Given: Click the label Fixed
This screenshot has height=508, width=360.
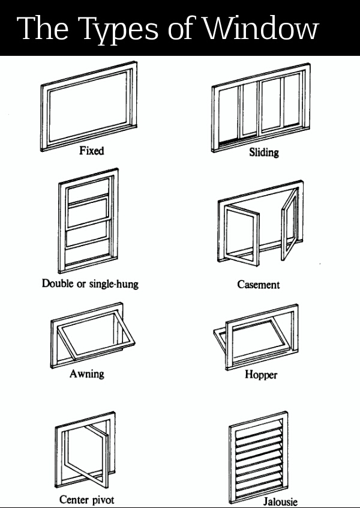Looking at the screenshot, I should (91, 150).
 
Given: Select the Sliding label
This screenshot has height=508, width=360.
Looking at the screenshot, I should (264, 153).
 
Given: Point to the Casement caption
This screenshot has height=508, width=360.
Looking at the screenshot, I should (259, 285).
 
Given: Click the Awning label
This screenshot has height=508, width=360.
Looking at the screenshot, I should (87, 373).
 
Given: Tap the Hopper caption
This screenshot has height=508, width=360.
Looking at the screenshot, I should (261, 375).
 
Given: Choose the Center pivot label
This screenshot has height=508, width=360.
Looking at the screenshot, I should (86, 500).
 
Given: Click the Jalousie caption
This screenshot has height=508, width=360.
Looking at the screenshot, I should (280, 501).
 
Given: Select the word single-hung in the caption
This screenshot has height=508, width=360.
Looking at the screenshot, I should (113, 283).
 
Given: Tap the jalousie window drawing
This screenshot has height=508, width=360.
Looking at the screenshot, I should (259, 456).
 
